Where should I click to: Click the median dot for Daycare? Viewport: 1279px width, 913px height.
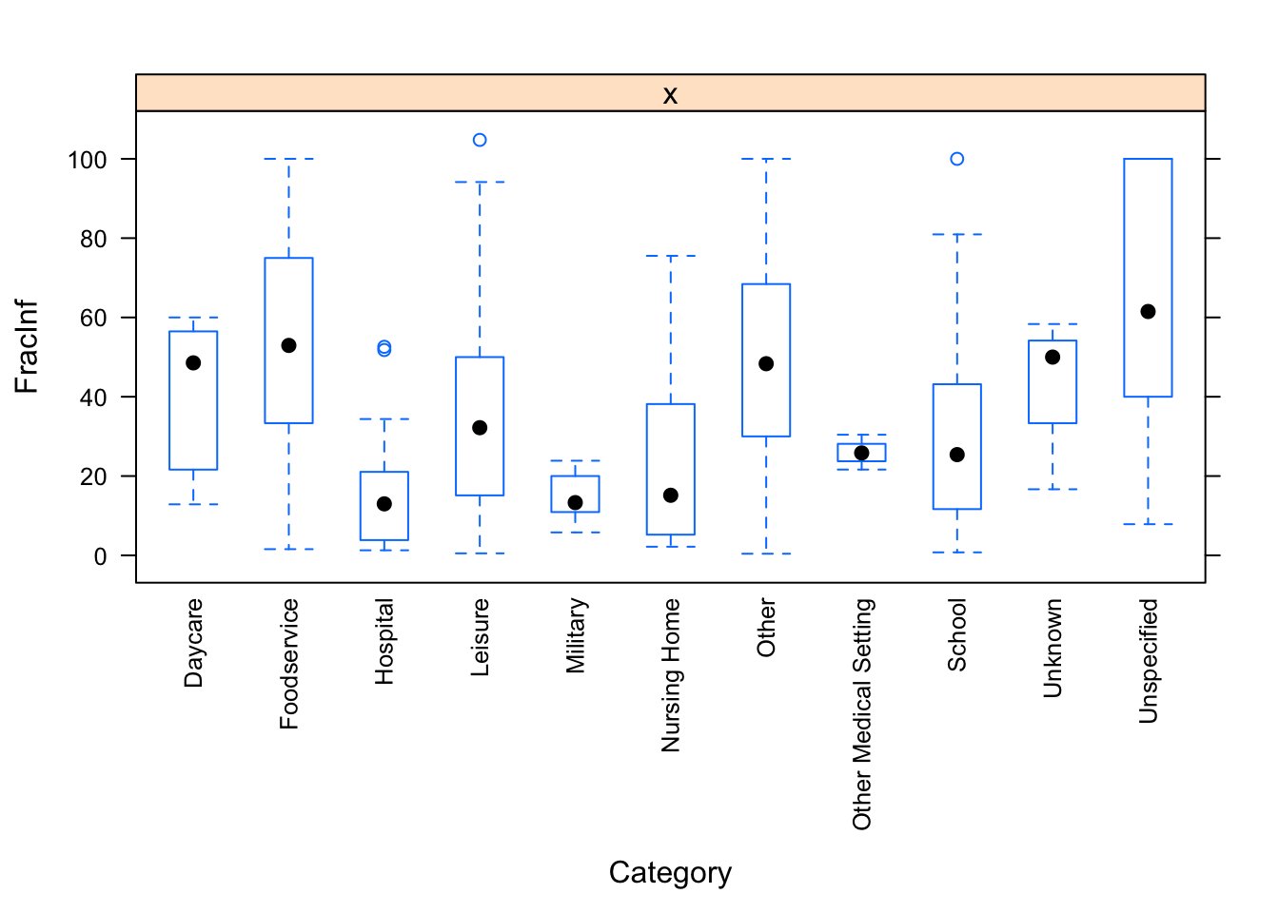pyautogui.click(x=193, y=362)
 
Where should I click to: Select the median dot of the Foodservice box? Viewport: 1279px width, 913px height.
pyautogui.click(x=288, y=345)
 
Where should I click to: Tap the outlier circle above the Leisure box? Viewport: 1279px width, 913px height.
pyautogui.click(x=480, y=140)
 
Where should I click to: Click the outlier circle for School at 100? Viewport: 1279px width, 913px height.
pyautogui.click(x=956, y=159)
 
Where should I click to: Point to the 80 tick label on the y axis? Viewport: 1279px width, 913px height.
pyautogui.click(x=93, y=239)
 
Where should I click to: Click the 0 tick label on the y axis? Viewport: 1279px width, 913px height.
pyautogui.click(x=100, y=555)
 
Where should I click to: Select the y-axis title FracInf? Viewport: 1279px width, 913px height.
pyautogui.click(x=27, y=346)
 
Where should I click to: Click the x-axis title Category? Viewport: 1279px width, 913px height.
pyautogui.click(x=670, y=872)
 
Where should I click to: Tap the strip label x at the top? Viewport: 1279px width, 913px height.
pyautogui.click(x=670, y=94)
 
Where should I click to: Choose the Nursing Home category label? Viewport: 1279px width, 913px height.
pyautogui.click(x=671, y=675)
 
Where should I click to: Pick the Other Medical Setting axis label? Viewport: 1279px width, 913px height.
pyautogui.click(x=862, y=713)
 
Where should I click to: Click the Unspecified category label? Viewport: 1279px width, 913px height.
pyautogui.click(x=1149, y=660)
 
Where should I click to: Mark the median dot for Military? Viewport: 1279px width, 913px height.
pyautogui.click(x=575, y=502)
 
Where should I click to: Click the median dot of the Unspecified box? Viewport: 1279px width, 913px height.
pyautogui.click(x=1148, y=312)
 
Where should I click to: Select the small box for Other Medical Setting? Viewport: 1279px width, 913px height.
pyautogui.click(x=861, y=453)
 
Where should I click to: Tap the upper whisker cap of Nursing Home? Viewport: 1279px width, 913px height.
pyautogui.click(x=671, y=256)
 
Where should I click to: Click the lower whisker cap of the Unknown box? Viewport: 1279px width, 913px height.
pyautogui.click(x=1053, y=489)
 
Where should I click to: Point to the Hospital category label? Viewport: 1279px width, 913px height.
pyautogui.click(x=384, y=641)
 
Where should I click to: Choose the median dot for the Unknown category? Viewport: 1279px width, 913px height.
pyautogui.click(x=1053, y=358)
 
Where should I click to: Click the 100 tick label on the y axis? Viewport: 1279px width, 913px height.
pyautogui.click(x=88, y=160)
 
